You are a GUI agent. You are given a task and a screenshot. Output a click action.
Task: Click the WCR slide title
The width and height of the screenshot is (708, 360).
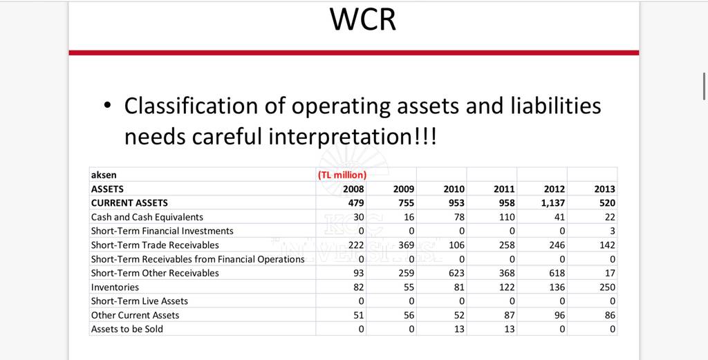tap(363, 19)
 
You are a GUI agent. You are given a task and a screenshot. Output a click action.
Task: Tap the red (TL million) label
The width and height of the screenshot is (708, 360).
tap(342, 175)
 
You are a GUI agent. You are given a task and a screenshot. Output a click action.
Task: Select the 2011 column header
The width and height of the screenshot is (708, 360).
tap(504, 189)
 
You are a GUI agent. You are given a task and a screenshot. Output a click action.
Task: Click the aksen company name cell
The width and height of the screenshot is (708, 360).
tap(104, 175)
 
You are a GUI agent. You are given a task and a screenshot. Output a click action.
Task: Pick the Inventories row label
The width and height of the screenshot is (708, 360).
tap(115, 287)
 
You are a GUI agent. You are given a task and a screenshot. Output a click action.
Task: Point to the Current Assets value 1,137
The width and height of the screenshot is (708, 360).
tap(552, 203)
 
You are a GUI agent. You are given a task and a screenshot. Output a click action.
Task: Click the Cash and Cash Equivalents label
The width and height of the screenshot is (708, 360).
tap(147, 217)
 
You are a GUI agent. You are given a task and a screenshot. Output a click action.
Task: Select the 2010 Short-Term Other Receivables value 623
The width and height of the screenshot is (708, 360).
tap(457, 273)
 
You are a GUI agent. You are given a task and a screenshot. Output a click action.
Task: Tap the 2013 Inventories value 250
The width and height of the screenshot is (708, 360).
tap(607, 287)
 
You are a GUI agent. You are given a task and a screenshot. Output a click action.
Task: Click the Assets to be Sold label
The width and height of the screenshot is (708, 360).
tap(127, 329)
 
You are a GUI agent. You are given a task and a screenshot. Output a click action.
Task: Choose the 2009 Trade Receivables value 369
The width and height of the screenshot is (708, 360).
tap(407, 245)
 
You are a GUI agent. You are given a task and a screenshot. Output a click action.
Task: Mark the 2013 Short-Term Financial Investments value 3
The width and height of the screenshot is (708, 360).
tap(613, 231)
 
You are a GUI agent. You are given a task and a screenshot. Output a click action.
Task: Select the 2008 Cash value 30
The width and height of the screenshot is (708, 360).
tap(359, 217)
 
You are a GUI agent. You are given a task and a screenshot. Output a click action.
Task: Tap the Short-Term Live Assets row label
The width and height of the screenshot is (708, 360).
tap(140, 301)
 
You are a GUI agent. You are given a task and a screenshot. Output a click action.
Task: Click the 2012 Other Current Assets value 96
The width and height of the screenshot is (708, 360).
tap(559, 315)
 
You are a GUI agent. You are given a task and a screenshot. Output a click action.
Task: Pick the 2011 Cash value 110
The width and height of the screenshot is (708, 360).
tap(507, 217)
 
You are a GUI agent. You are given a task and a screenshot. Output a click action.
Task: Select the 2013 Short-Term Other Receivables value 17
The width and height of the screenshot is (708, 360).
tap(610, 273)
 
